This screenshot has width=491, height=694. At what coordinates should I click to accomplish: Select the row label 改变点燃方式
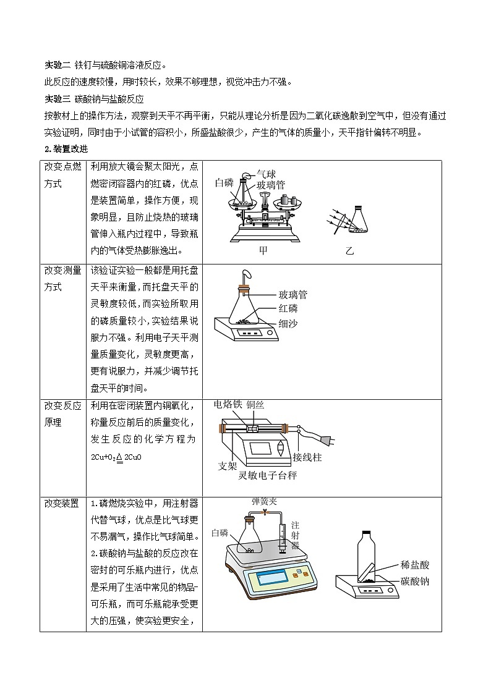pos(62,175)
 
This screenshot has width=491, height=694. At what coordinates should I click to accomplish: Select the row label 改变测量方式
pos(62,279)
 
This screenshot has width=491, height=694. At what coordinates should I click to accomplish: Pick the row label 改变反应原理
pos(62,413)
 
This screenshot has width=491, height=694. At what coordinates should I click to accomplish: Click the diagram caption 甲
pos(263,251)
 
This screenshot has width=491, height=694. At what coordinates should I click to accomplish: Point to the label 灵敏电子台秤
pos(267,476)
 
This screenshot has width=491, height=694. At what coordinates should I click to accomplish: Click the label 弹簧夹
pos(263,502)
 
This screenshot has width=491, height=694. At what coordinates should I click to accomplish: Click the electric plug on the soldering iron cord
pos(328,440)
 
